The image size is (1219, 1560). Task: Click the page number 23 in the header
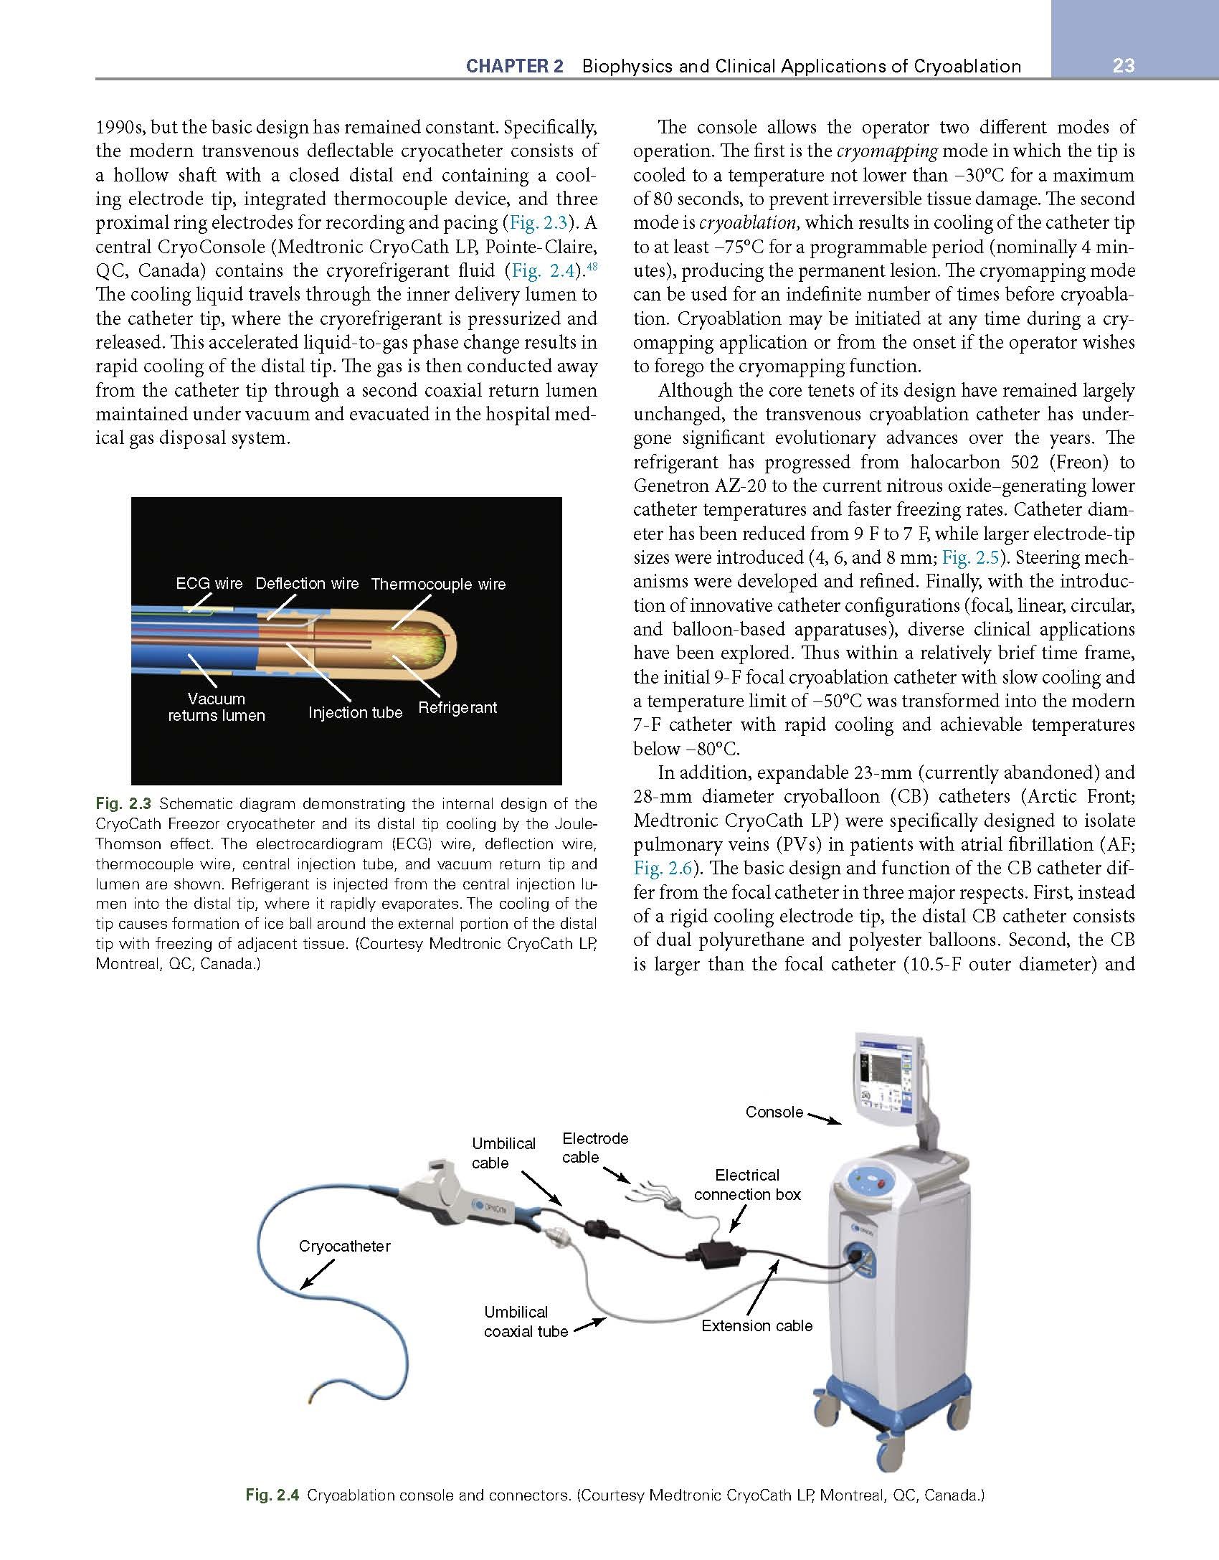(1124, 66)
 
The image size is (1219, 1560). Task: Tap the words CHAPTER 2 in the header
(514, 67)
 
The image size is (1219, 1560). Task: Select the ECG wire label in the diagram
(209, 583)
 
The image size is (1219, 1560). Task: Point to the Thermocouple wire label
(438, 585)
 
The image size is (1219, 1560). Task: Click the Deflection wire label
(307, 583)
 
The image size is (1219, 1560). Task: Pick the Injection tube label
(355, 712)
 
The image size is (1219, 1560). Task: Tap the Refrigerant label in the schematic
(457, 708)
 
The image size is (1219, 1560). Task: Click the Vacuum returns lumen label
(216, 706)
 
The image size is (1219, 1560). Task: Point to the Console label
(774, 1112)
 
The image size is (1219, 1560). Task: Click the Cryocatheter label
(344, 1246)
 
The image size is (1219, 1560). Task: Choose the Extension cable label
(756, 1325)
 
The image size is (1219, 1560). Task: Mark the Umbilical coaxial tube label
(525, 1321)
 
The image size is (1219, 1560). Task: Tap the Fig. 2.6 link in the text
(663, 869)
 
